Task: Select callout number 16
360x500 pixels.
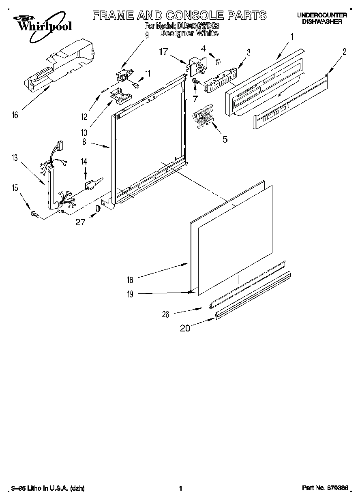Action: [x=15, y=115]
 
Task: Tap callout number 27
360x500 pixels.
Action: [x=80, y=222]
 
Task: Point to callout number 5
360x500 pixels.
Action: [x=225, y=139]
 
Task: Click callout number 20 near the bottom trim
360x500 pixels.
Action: [x=185, y=329]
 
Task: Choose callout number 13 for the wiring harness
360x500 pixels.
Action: [x=15, y=157]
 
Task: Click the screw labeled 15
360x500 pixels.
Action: [x=34, y=214]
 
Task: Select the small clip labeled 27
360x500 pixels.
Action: [x=97, y=208]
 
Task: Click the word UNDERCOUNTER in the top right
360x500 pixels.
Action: [x=321, y=15]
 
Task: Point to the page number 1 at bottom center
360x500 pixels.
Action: [x=180, y=489]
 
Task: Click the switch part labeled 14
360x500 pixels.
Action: [x=91, y=186]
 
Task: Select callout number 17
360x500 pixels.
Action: [x=163, y=51]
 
